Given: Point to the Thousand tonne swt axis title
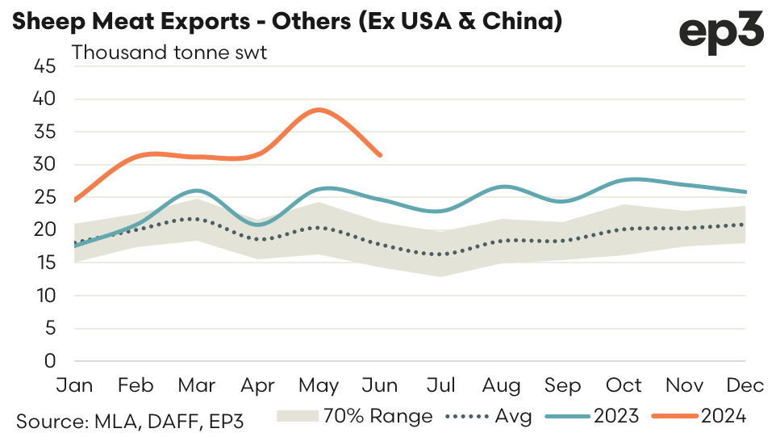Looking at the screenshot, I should pyautogui.click(x=169, y=53).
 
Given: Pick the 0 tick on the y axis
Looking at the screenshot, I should pyautogui.click(x=49, y=361).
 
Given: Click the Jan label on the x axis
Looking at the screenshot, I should pyautogui.click(x=73, y=384).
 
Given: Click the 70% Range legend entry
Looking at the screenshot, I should pyautogui.click(x=355, y=417).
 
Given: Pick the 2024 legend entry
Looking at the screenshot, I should pyautogui.click(x=702, y=417).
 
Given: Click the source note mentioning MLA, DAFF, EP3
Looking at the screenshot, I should pyautogui.click(x=130, y=420).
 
